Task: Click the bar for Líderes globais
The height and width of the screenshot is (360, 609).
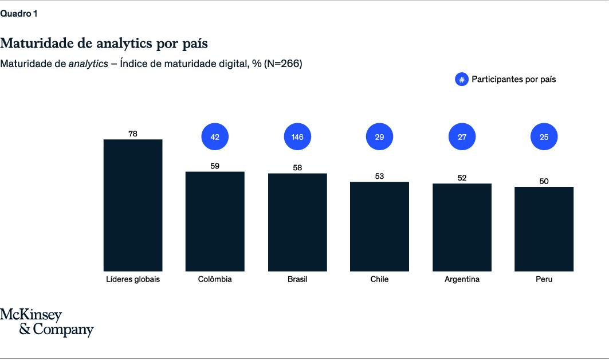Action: tap(133, 205)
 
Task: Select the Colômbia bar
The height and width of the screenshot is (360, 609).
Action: tap(215, 221)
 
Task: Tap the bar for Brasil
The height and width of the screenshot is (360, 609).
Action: tap(297, 222)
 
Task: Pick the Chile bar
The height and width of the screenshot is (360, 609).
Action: tap(379, 226)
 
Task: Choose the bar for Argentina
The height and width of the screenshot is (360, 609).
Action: tap(462, 228)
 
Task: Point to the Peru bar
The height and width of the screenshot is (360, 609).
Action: tap(544, 229)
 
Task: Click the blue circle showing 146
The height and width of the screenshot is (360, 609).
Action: tap(297, 137)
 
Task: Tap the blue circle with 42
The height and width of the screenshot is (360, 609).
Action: tap(215, 137)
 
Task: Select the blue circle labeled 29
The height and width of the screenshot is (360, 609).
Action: tap(379, 137)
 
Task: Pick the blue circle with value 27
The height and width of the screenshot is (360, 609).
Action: tap(462, 137)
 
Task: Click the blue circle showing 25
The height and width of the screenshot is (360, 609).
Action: tap(544, 137)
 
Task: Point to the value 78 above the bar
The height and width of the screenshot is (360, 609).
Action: tap(133, 134)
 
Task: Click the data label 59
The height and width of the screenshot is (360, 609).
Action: tap(215, 166)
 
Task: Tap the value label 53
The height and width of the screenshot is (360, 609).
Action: tap(379, 176)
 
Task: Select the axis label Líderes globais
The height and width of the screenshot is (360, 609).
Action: tap(133, 280)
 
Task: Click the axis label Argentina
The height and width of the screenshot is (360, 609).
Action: tap(462, 280)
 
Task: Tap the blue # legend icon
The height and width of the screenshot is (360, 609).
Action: tap(461, 80)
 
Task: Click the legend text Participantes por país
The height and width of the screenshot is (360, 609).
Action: tap(513, 80)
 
